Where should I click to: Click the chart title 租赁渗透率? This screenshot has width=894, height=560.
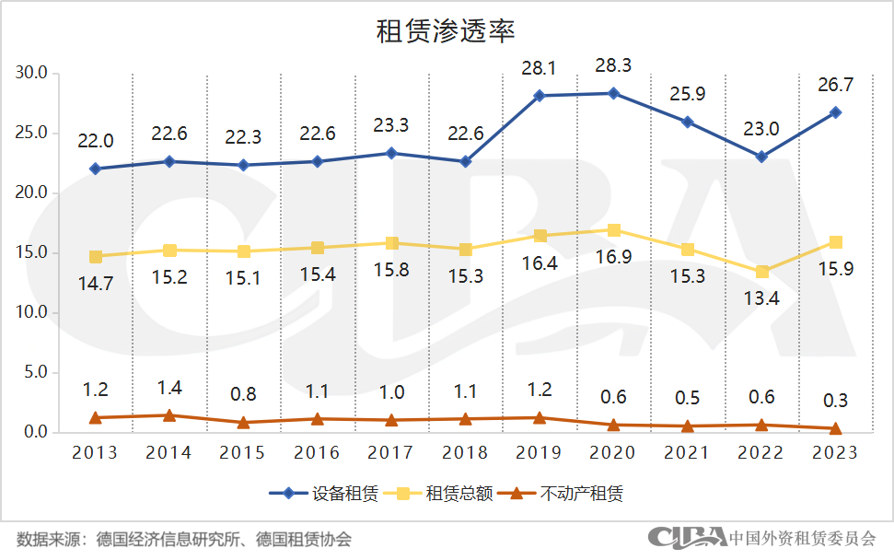(446, 29)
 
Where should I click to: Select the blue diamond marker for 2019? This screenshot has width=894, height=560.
(540, 96)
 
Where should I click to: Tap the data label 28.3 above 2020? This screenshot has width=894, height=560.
(614, 65)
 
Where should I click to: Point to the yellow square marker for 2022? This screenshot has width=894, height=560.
(762, 272)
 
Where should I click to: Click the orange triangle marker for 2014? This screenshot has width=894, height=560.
(169, 415)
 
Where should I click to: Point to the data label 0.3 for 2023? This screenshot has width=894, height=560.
(836, 401)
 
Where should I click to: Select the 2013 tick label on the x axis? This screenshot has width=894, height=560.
(95, 453)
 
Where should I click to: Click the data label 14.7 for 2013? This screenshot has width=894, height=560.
(95, 284)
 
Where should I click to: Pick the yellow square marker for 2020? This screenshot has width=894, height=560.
(614, 230)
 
